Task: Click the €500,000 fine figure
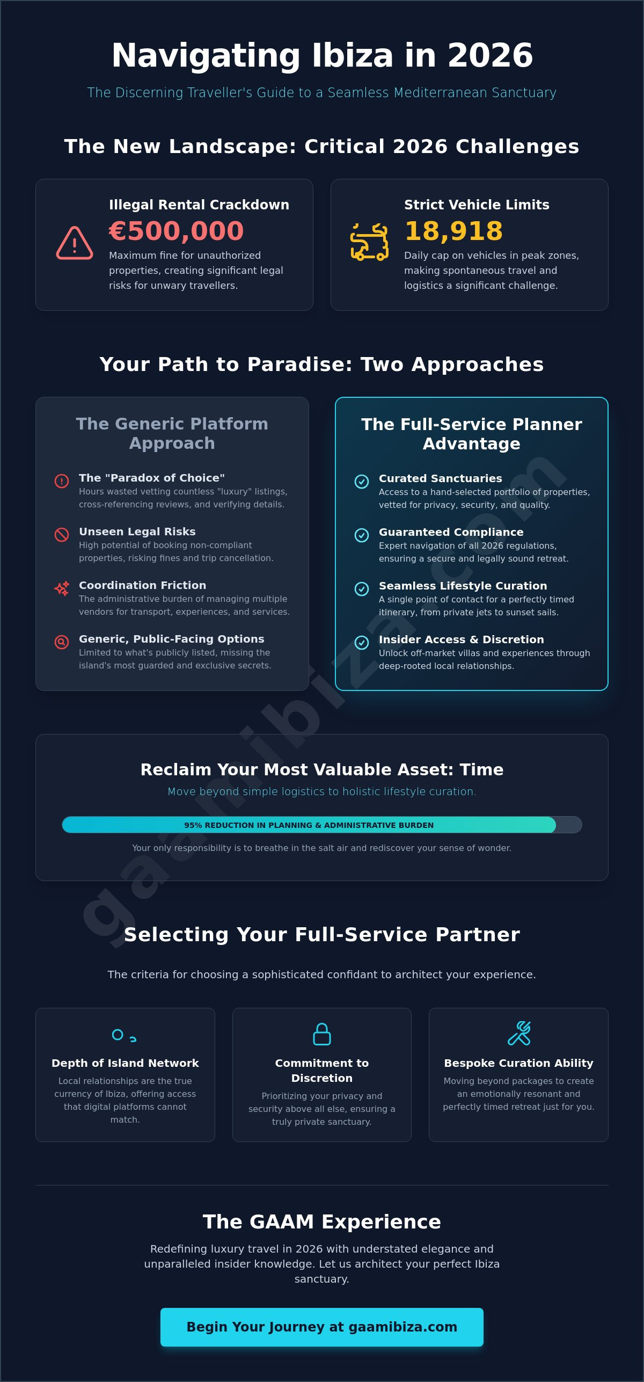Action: pos(176,231)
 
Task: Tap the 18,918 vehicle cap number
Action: pos(453,231)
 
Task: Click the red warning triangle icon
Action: pos(75,243)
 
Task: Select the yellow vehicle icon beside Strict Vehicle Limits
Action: pos(369,242)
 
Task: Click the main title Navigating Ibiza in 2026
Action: pos(322,55)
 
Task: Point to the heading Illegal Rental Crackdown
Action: pos(199,205)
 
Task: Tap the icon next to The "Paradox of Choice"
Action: pos(62,481)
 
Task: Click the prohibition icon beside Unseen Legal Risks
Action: pos(62,535)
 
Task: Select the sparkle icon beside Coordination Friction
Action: pos(62,588)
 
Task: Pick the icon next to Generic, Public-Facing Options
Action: pos(62,642)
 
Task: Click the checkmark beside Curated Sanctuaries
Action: pos(362,482)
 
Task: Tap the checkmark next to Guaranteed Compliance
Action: pos(362,535)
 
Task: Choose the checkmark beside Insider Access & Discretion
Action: pos(362,643)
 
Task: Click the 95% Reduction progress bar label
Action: pos(309,825)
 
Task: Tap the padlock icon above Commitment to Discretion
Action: pos(322,1034)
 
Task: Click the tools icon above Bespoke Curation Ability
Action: pos(519,1034)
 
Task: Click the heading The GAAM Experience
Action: pos(322,1222)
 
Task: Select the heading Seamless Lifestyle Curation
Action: pos(463,586)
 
